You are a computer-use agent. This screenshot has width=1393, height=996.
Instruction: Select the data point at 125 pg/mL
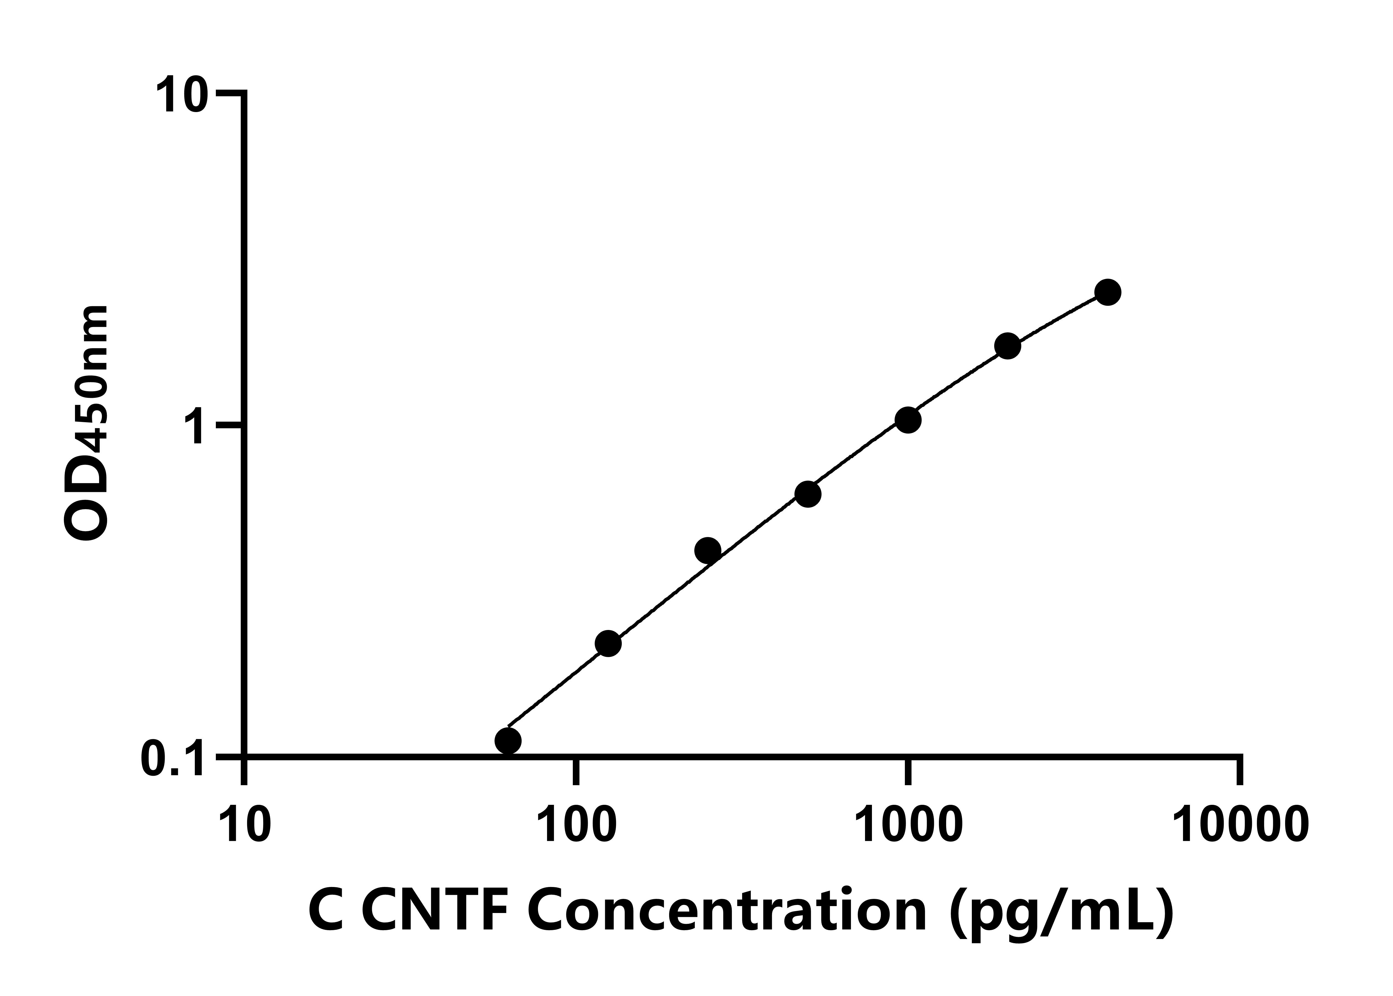click(x=608, y=643)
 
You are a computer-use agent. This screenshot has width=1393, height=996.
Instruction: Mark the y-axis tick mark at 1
click(x=230, y=424)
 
